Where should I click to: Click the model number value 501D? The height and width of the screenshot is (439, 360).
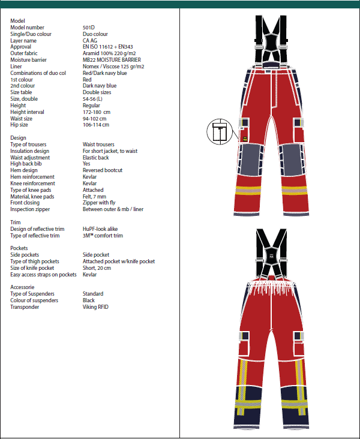coord(88,28)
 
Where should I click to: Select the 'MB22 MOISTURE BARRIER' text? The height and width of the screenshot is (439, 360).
coord(112,60)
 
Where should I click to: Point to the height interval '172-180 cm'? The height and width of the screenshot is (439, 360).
coord(96,112)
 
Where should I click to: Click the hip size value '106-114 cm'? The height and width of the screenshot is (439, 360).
coord(96,125)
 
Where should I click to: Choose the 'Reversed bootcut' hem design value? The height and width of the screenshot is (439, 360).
coord(103,170)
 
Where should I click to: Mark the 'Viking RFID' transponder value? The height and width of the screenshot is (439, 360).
coord(95,307)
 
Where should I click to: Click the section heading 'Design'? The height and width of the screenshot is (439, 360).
coord(19,138)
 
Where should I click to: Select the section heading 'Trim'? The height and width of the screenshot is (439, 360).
coord(16,222)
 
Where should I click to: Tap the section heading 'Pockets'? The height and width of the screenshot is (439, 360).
coord(20,248)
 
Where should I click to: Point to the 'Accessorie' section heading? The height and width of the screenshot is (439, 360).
coord(23,287)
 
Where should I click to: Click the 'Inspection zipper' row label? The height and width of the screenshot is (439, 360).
coord(30,209)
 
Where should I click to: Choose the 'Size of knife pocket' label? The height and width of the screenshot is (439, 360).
coord(36,268)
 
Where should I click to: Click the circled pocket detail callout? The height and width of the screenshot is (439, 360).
coord(220,132)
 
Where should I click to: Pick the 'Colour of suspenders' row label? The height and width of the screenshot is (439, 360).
coord(35,300)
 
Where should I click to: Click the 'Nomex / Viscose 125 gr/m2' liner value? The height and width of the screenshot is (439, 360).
coord(113,67)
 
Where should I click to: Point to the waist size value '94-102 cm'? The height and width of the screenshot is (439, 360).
coord(95,119)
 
